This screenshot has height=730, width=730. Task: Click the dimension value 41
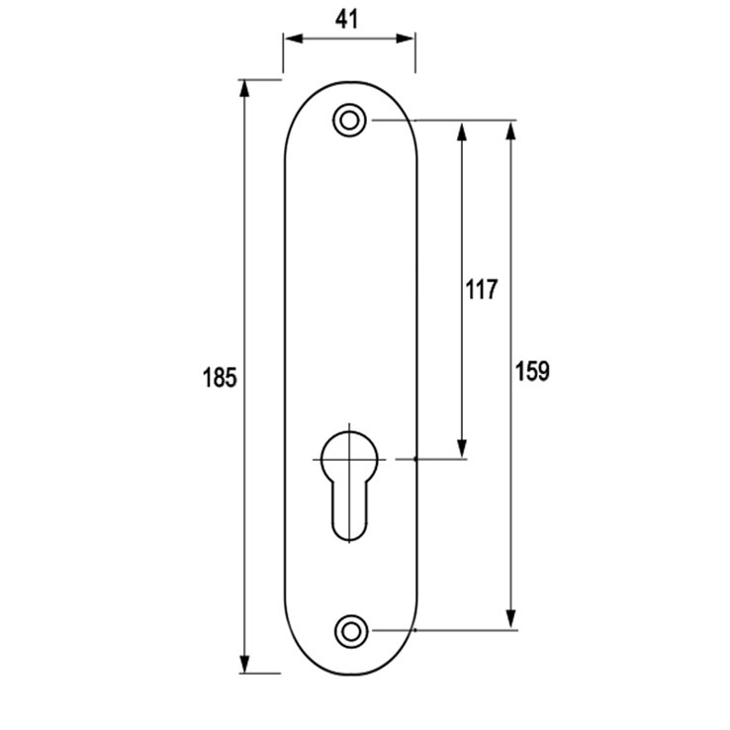coord(347,20)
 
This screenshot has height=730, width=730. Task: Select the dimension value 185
coord(220,377)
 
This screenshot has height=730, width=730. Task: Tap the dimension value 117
coord(482,289)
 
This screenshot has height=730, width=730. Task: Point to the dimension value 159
coord(532,371)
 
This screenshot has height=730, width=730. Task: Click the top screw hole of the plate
coord(349,121)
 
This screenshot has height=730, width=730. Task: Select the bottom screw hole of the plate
coord(351,631)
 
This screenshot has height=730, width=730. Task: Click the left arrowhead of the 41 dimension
coord(294,39)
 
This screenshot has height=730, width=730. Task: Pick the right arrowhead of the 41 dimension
coord(405,39)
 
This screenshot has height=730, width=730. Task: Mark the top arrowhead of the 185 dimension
coord(244,89)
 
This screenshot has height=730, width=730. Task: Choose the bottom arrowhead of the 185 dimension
coord(244,664)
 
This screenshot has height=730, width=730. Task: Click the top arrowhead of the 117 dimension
coord(462,133)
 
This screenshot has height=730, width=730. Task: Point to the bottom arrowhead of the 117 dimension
coord(462,449)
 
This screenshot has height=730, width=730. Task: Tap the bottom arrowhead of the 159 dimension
coord(510,619)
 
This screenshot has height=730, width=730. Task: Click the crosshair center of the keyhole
coord(349,460)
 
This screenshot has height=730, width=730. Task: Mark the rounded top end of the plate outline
coord(351,82)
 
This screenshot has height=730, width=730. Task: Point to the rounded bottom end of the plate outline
coord(351,675)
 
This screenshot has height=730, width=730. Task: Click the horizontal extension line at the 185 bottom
coord(260,674)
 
